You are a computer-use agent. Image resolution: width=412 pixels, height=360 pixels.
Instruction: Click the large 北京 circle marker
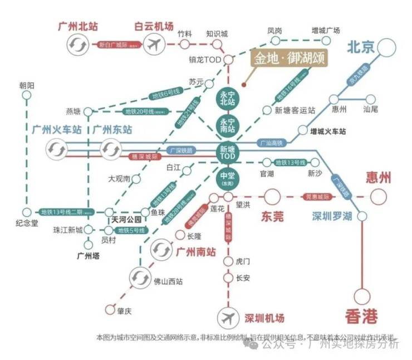pyautogui.click(x=391, y=50)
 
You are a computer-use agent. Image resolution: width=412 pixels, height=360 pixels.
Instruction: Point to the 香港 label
pyautogui.click(x=361, y=317)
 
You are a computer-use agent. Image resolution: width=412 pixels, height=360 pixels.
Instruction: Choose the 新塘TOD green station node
pyautogui.click(x=228, y=153)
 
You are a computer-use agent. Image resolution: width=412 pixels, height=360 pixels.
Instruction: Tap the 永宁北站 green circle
pyautogui.click(x=228, y=99)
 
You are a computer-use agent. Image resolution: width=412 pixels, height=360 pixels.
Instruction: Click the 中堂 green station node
pyautogui.click(x=228, y=179)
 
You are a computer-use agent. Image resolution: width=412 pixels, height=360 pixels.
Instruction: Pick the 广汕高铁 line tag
pyautogui.click(x=272, y=143)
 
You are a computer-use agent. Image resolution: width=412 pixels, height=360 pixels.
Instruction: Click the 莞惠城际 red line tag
pyautogui.click(x=318, y=197)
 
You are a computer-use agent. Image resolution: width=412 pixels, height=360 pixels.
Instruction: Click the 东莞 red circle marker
pyautogui.click(x=272, y=197)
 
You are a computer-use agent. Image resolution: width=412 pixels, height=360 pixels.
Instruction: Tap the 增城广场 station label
pyautogui.click(x=326, y=31)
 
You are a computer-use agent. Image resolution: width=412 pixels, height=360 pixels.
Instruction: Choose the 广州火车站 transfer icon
pyautogui.click(x=56, y=149)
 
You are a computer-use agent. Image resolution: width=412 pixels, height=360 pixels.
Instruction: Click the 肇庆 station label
pyautogui.click(x=124, y=312)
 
